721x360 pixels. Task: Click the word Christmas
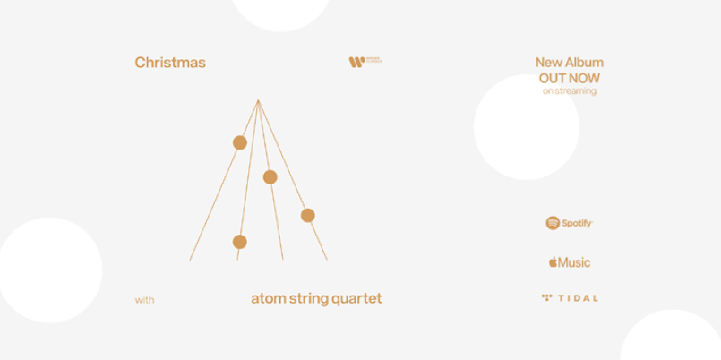click(x=170, y=63)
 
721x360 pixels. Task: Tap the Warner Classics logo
click(x=365, y=62)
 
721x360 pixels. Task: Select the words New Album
click(x=569, y=63)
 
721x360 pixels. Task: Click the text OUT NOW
click(x=569, y=78)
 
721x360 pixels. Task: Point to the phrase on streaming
click(x=569, y=90)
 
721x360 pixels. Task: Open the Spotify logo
click(x=569, y=222)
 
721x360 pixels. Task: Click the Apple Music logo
click(x=569, y=262)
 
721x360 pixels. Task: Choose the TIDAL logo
click(x=569, y=297)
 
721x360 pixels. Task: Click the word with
click(x=144, y=300)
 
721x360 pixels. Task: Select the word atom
click(x=268, y=298)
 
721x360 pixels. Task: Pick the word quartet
click(x=360, y=299)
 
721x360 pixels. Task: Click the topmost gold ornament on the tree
click(x=240, y=142)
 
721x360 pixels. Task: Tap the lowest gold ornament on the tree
click(x=239, y=242)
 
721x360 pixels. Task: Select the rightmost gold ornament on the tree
click(x=308, y=215)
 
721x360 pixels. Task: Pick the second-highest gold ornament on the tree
click(x=270, y=176)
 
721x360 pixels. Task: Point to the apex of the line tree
click(x=258, y=99)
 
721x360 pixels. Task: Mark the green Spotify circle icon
click(x=553, y=222)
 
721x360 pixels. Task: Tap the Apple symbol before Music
click(x=553, y=261)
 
